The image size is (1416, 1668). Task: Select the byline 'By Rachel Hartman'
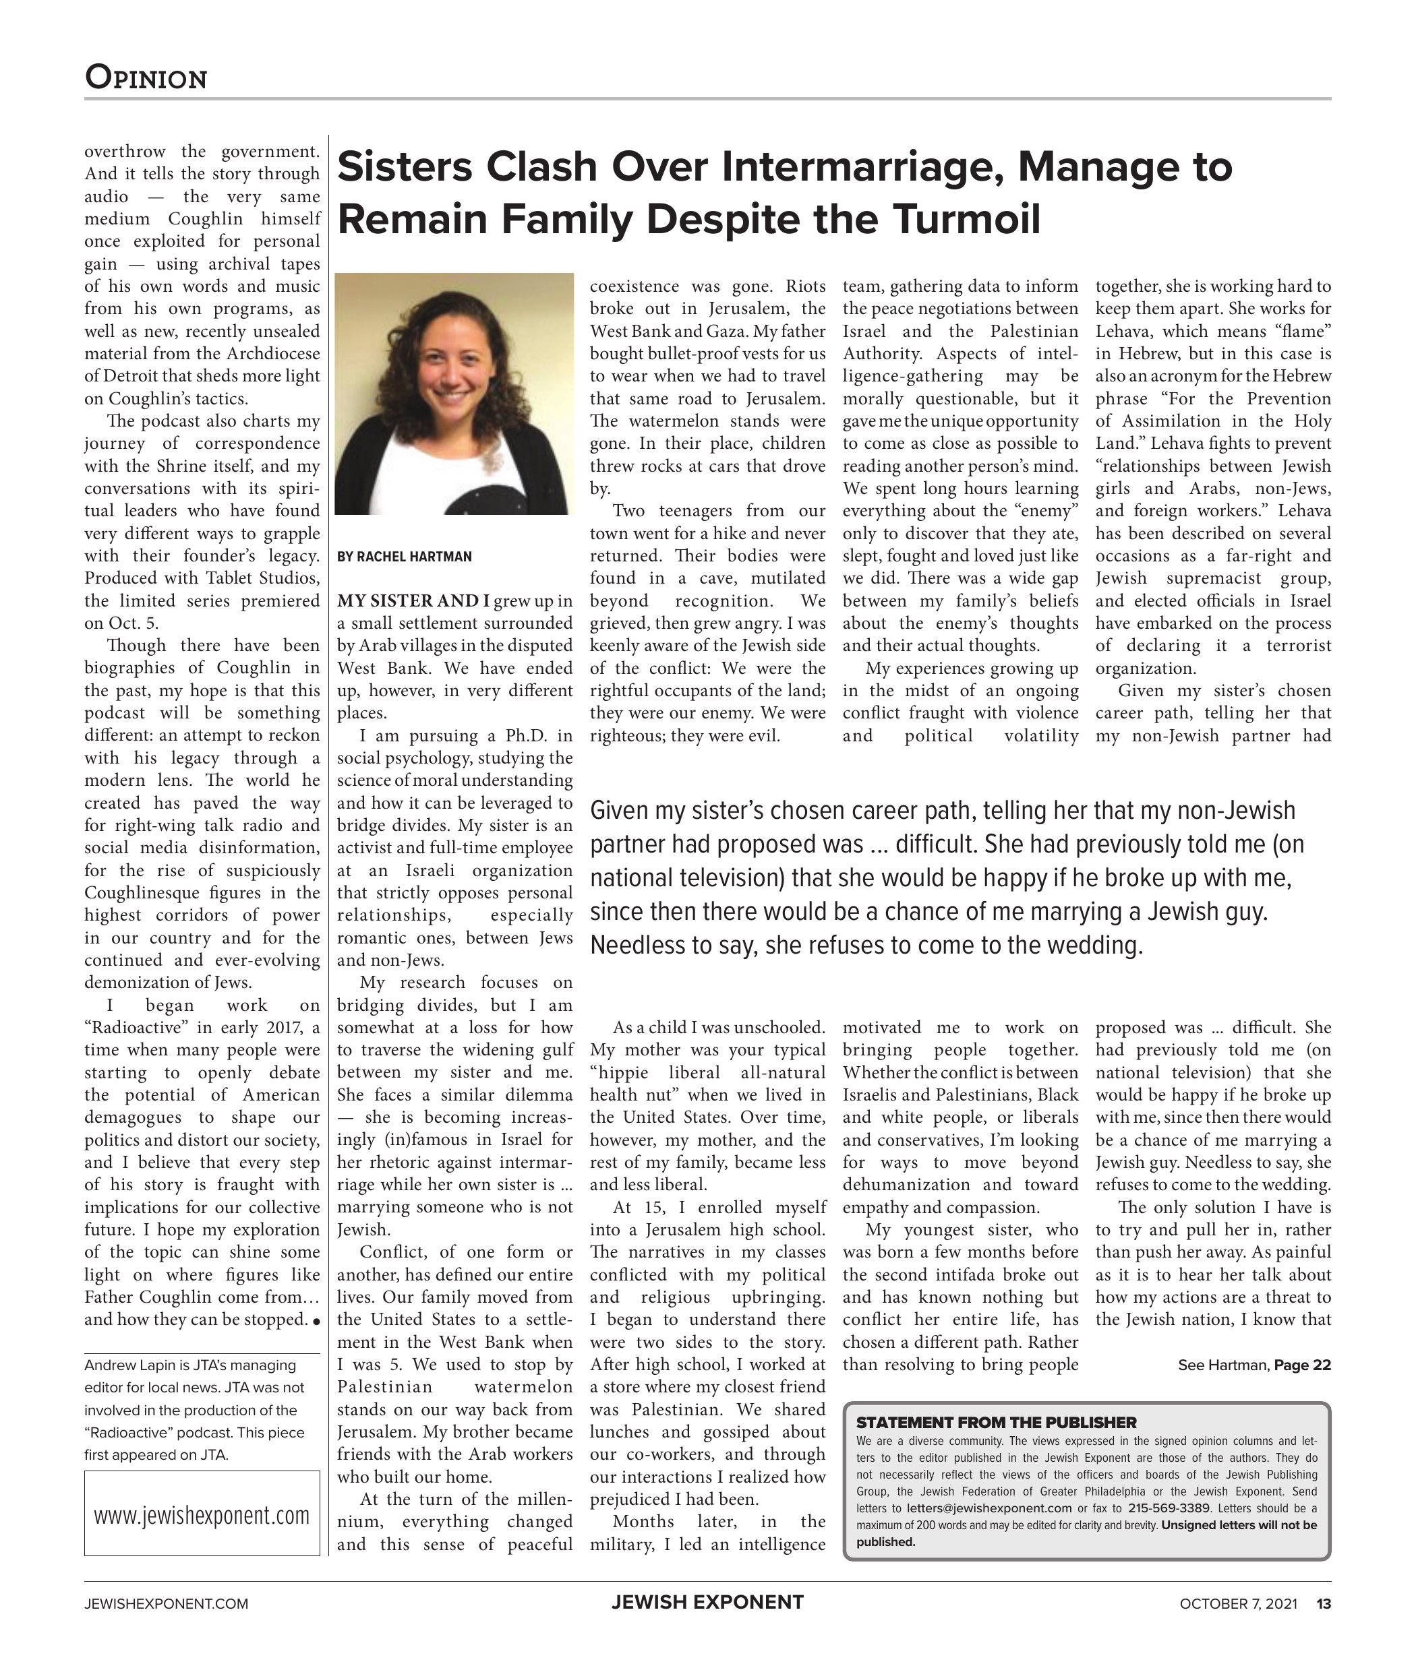click(x=405, y=557)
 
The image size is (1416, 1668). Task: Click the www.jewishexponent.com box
click(x=202, y=1516)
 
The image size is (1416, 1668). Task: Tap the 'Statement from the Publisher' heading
click(x=996, y=1423)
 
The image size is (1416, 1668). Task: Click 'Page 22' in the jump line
click(x=1302, y=1365)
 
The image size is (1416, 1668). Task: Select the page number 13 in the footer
click(x=1323, y=1604)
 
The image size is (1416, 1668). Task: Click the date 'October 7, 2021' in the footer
click(x=1238, y=1604)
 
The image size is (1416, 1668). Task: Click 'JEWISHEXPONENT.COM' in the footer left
click(x=166, y=1604)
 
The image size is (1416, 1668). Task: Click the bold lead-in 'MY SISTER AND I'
click(x=413, y=601)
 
